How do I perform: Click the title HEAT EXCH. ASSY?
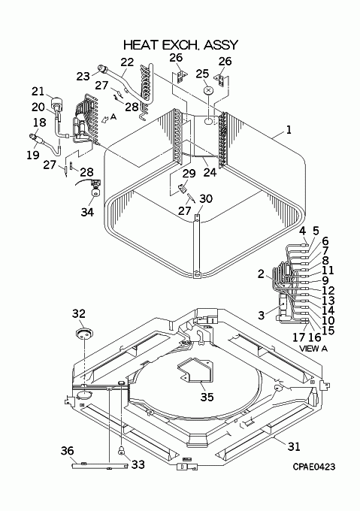click(x=181, y=45)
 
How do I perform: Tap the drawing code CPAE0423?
click(x=313, y=467)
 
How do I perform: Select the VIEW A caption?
click(x=313, y=349)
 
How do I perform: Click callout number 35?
click(x=207, y=397)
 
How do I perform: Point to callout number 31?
click(x=294, y=446)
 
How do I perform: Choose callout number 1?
click(x=289, y=130)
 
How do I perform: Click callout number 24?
click(x=210, y=172)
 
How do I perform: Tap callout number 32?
click(x=78, y=314)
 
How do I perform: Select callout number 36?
click(x=68, y=451)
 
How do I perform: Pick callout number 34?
click(x=87, y=212)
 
